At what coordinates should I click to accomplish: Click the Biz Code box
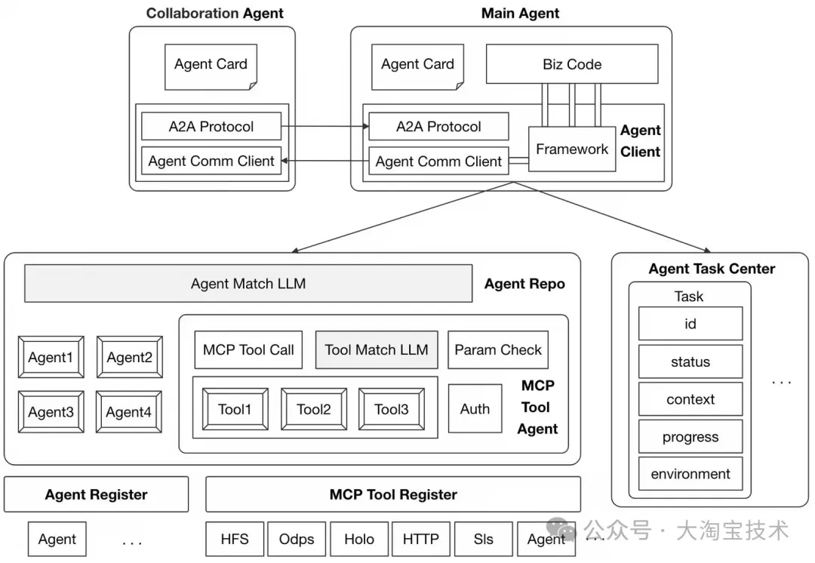click(x=572, y=64)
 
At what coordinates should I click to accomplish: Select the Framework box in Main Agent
click(x=572, y=149)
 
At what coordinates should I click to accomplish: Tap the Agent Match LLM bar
click(x=248, y=283)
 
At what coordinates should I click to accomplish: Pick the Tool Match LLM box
click(x=377, y=350)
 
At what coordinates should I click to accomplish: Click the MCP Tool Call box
click(x=248, y=350)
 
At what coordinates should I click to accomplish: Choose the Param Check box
click(x=498, y=350)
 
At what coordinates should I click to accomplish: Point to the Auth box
click(x=475, y=408)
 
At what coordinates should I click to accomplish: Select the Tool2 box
click(x=314, y=409)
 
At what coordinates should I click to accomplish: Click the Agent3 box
click(x=51, y=412)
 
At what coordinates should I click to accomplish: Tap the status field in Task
click(x=690, y=361)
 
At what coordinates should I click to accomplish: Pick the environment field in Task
click(x=690, y=474)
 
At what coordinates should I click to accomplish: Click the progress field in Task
click(x=690, y=437)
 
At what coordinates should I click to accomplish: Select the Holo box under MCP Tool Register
click(x=359, y=539)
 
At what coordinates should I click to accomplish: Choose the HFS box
click(x=235, y=539)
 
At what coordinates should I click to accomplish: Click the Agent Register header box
click(x=96, y=494)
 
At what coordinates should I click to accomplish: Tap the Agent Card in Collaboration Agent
click(x=211, y=66)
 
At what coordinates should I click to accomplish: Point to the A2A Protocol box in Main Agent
click(x=438, y=126)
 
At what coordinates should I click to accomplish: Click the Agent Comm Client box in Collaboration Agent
click(x=211, y=162)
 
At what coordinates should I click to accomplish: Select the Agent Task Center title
click(x=712, y=269)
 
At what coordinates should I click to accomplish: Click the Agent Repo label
click(x=524, y=284)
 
